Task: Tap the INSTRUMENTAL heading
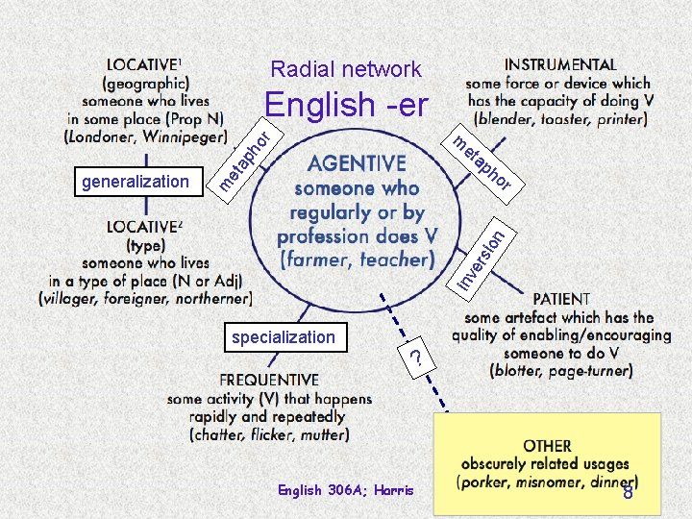(560, 64)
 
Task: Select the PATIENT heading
(561, 299)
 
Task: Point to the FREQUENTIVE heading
(256, 380)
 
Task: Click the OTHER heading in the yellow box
(548, 446)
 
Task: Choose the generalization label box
(136, 181)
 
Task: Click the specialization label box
(283, 337)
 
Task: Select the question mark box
(415, 357)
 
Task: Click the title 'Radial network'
(346, 69)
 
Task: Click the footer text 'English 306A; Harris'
(345, 490)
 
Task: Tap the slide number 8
(628, 493)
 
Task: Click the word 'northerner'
(204, 298)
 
